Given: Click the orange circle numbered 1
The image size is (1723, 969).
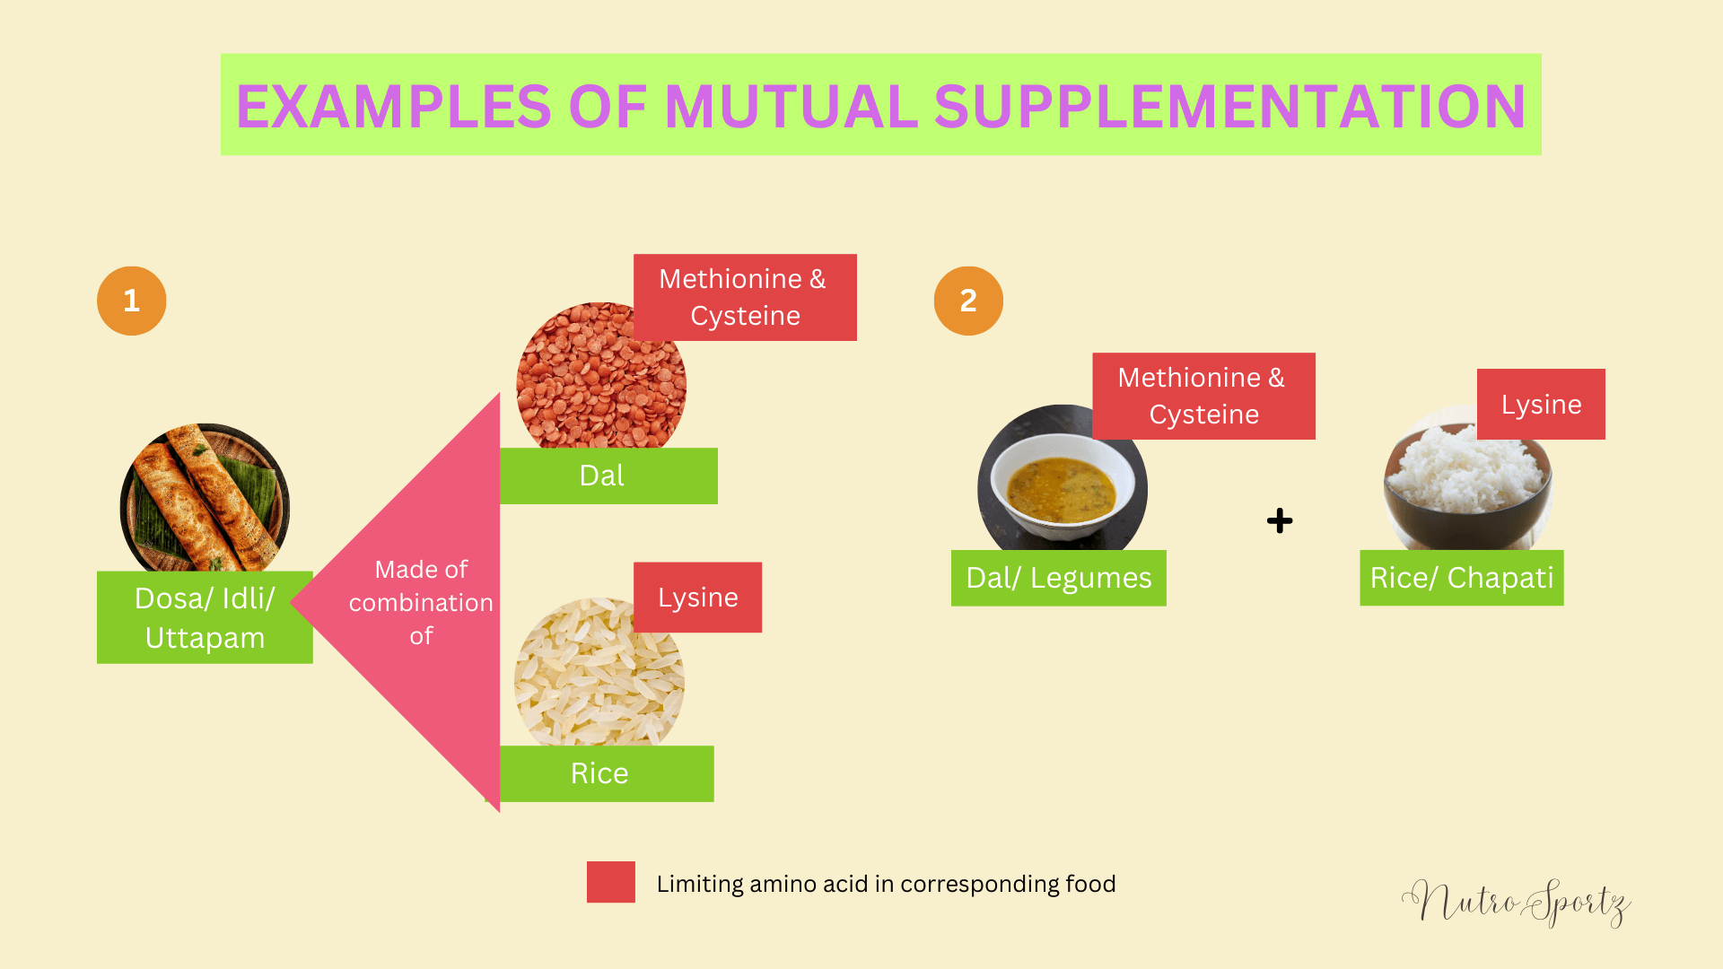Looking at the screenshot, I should point(131,301).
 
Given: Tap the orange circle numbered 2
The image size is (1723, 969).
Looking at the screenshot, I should point(968,301).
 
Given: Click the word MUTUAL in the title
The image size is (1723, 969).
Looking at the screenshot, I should point(790,107).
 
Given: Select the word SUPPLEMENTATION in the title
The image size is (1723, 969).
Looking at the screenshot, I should point(1229,107).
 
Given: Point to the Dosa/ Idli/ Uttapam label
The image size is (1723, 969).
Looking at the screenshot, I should point(205,617).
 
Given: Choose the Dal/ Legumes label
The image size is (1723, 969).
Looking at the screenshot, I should point(1058,578).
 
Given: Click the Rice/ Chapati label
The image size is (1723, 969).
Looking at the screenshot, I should point(1461,578).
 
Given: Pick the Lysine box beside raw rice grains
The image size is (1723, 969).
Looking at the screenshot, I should point(697,598).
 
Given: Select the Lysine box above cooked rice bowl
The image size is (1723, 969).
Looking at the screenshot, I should point(1541,404).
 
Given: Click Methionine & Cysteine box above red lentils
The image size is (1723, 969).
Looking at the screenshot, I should point(745,297).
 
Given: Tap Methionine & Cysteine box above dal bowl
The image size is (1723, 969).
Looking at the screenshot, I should point(1203,396).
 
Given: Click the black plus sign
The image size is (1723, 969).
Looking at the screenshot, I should point(1280,520).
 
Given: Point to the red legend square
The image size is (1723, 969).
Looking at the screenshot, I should point(610,882).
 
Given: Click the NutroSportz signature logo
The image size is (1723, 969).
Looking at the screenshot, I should point(1517,902).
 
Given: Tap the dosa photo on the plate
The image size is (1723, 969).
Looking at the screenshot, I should point(205,498).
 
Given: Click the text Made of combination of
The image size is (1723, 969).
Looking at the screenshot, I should point(421,602).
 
